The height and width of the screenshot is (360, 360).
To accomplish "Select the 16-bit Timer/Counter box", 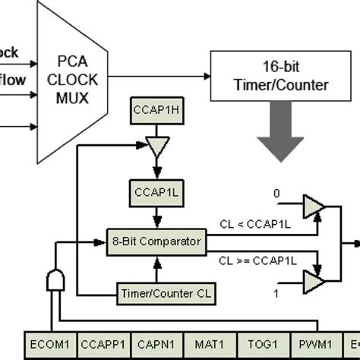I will coord(275,77).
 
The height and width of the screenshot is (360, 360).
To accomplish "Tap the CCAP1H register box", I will coord(155,107).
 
